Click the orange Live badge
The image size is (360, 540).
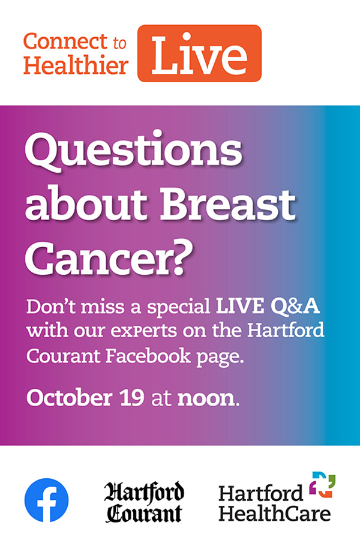pos(199,53)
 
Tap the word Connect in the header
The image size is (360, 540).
pos(65,41)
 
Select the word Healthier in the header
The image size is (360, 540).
pos(76,65)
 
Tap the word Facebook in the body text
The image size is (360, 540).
pos(148,356)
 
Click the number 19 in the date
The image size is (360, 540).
pos(132,398)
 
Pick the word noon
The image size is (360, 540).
pos(206,398)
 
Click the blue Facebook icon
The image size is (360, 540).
pos(47,500)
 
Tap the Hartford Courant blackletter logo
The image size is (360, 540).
pos(143,502)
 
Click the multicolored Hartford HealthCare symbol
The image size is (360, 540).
pos(322,485)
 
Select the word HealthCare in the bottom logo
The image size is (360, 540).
pos(275,513)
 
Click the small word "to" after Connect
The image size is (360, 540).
pos(119,43)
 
